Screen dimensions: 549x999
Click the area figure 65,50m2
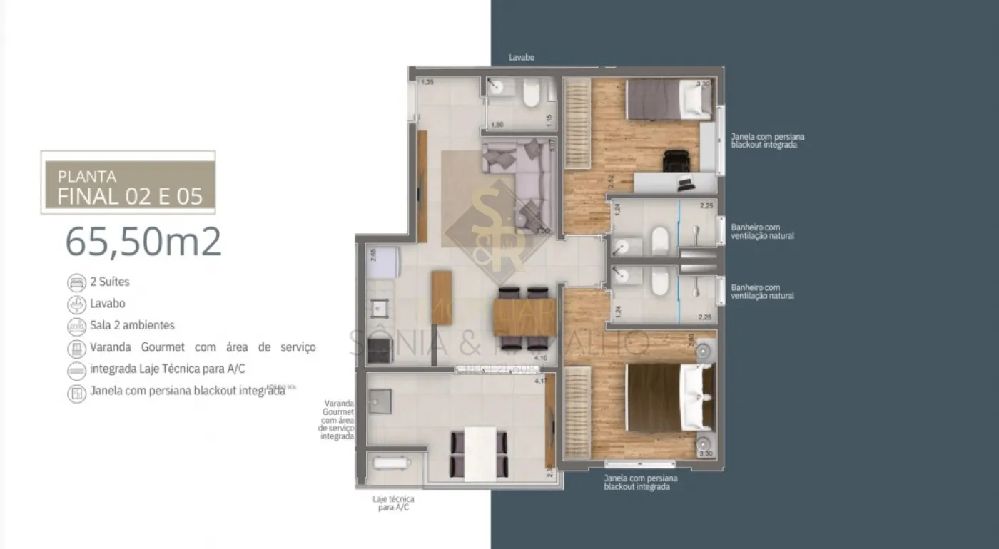[x=143, y=242]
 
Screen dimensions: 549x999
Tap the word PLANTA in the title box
[x=87, y=176]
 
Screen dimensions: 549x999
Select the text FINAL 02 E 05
[x=130, y=196]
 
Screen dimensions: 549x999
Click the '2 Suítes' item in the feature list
[x=109, y=282]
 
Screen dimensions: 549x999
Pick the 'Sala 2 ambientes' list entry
[x=132, y=325]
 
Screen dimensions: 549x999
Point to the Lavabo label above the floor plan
[x=521, y=58]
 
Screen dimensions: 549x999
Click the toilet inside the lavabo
[x=532, y=93]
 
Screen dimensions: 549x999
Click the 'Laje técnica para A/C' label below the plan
[x=392, y=503]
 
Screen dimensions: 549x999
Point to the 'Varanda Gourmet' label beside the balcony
[x=338, y=419]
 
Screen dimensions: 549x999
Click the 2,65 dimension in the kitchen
[x=372, y=255]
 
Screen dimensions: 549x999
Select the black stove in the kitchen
[x=378, y=349]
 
